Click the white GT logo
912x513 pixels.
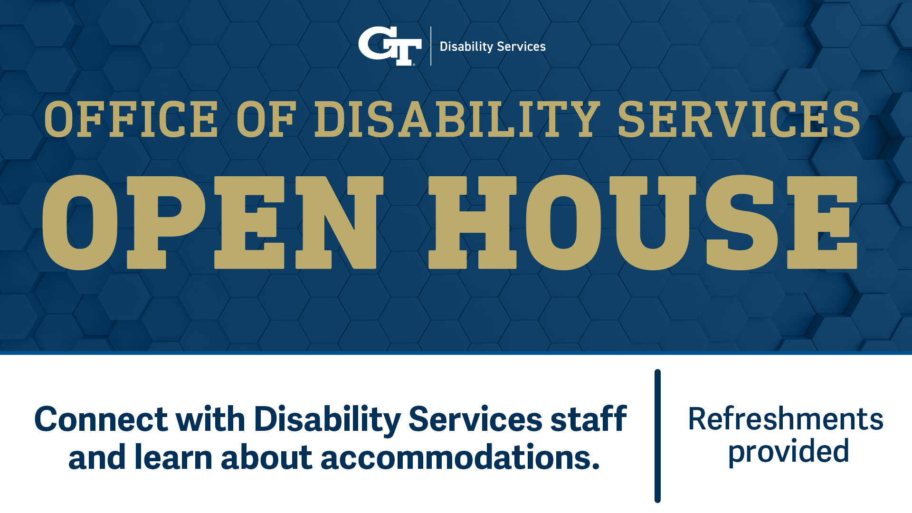click(389, 46)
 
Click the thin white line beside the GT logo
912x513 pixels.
click(431, 46)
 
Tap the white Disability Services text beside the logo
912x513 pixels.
click(493, 47)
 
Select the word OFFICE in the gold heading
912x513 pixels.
click(131, 119)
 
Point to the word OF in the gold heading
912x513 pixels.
click(266, 119)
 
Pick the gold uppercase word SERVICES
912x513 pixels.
click(739, 119)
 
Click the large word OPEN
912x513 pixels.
click(213, 222)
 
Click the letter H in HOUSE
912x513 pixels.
click(472, 222)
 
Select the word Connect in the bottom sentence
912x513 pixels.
click(101, 419)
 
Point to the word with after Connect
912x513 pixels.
click(210, 418)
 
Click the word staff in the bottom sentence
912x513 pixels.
click(589, 418)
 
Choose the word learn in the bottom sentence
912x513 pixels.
click(173, 457)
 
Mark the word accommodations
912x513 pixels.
click(460, 457)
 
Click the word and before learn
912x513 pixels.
click(97, 457)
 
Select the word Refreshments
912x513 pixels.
click(786, 419)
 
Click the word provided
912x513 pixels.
click(788, 452)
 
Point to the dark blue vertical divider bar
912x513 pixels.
click(657, 436)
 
